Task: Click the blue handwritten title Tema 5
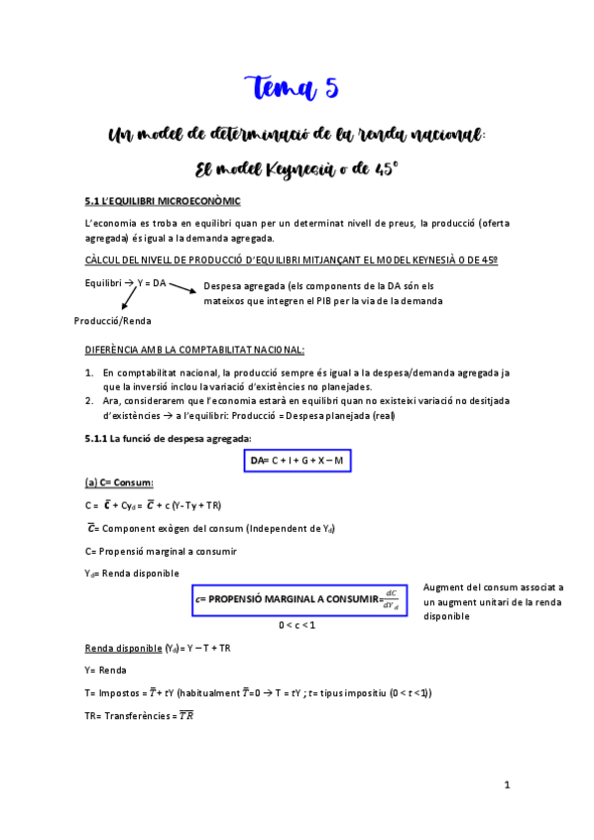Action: (291, 88)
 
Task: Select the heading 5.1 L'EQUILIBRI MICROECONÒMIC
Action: (164, 201)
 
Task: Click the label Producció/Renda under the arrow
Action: (113, 320)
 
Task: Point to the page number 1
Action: (506, 785)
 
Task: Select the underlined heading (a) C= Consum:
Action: (119, 482)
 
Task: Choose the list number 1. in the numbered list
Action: (89, 372)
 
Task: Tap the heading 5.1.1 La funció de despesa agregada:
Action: (168, 438)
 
